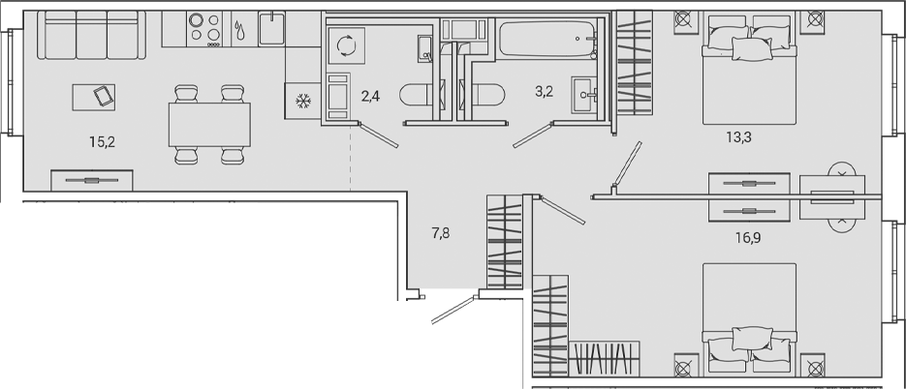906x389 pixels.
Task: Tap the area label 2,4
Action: pyautogui.click(x=370, y=95)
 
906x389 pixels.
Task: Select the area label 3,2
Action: pyautogui.click(x=544, y=95)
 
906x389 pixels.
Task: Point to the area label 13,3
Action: pyautogui.click(x=739, y=136)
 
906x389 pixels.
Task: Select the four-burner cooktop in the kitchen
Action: pyautogui.click(x=204, y=28)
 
